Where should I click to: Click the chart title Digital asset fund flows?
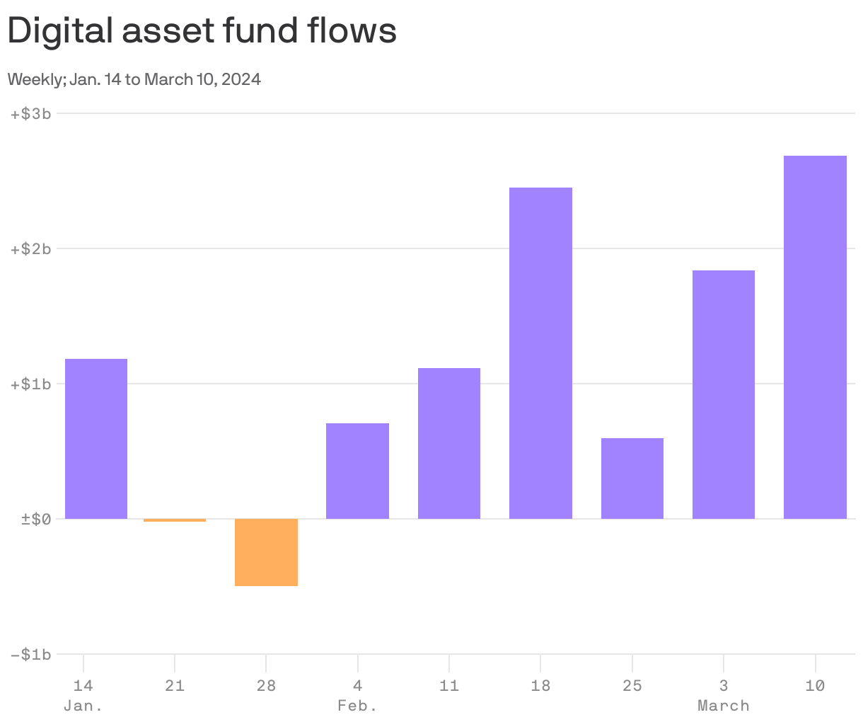point(202,32)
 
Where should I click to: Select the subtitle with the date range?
point(134,79)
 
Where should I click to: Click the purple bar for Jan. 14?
point(96,439)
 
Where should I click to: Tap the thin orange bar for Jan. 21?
point(175,520)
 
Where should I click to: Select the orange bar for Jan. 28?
point(266,552)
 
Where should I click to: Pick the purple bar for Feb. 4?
point(357,471)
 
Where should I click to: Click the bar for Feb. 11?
point(449,443)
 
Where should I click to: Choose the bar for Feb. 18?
point(540,353)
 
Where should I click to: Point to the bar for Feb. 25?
point(632,479)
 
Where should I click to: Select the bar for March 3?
point(724,394)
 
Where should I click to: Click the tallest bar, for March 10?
point(815,337)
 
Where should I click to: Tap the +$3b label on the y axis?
point(31,113)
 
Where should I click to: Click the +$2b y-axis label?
point(31,248)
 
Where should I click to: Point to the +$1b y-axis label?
point(31,384)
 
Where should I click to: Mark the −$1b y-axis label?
point(31,655)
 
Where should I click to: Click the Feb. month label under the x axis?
point(357,706)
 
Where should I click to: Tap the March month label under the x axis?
point(723,706)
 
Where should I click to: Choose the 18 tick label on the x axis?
point(540,686)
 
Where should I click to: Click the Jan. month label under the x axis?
point(83,706)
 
